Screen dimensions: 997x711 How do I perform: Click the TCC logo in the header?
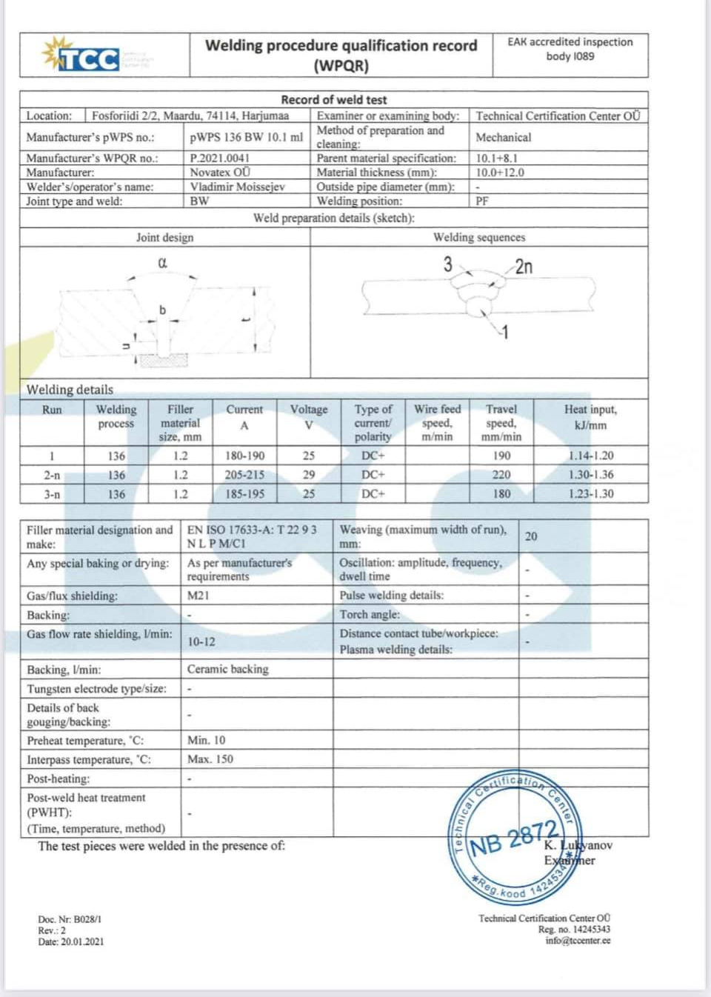81,56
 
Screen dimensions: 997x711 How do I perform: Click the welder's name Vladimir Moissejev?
237,187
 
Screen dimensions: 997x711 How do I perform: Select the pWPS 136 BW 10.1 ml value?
246,137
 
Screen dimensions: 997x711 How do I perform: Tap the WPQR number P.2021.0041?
220,158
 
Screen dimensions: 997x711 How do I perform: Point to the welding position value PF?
482,201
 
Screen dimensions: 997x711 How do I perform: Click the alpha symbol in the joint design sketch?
163,263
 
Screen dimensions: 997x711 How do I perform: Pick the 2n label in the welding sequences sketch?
524,267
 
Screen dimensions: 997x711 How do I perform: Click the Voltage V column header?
309,416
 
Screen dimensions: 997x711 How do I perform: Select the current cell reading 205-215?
244,475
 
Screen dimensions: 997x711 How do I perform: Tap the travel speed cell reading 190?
501,456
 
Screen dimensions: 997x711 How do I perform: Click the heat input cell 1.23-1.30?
590,494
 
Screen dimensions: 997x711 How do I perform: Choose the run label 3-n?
52,494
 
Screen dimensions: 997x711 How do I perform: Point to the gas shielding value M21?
198,596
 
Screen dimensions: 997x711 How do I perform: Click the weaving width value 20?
531,536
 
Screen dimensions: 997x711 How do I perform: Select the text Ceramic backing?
228,669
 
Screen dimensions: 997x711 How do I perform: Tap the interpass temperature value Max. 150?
210,759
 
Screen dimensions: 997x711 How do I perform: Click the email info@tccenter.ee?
578,941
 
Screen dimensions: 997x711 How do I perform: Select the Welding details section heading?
70,390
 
